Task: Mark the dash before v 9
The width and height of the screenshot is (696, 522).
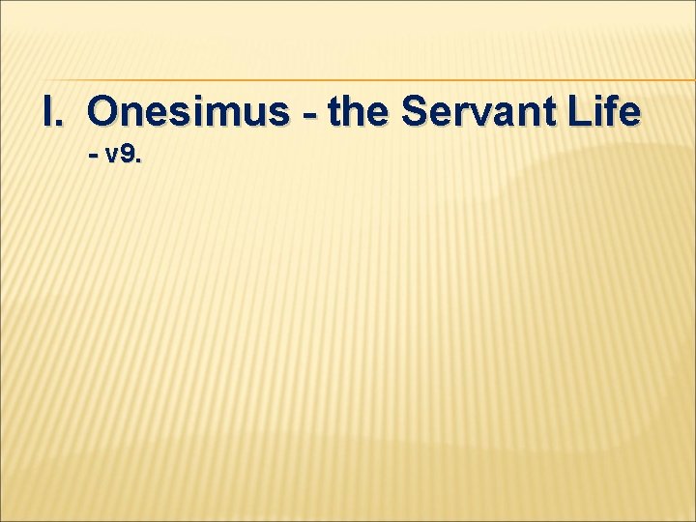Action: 93,155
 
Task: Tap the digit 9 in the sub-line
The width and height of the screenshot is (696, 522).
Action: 128,154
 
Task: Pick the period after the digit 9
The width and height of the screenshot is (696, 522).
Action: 139,160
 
